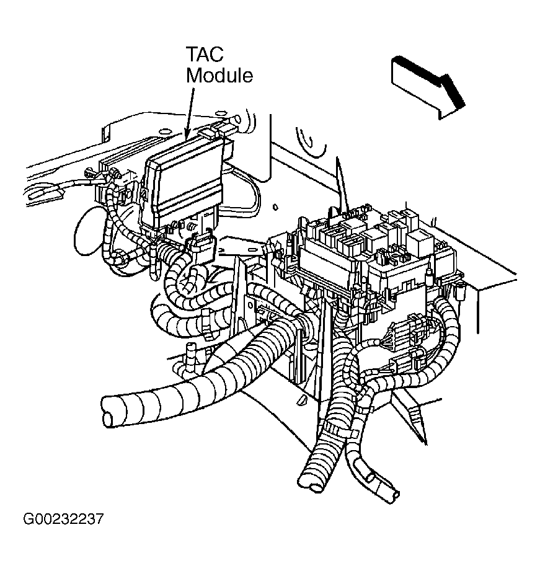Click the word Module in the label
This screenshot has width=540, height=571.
(220, 76)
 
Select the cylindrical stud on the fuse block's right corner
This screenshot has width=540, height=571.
(460, 290)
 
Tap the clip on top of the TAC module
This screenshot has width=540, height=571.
(211, 130)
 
